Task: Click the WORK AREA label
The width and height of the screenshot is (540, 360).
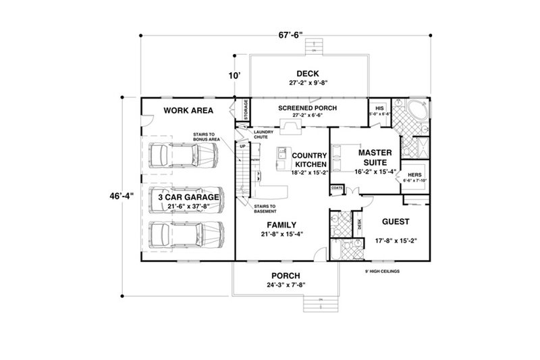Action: (187, 110)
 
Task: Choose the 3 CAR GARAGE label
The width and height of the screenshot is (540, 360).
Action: (186, 196)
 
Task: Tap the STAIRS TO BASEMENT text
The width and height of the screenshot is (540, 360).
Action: (264, 208)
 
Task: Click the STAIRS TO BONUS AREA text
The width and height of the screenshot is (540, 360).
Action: (204, 137)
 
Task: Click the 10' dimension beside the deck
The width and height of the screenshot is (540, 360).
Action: (235, 77)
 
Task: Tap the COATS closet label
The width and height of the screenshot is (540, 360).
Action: (336, 188)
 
